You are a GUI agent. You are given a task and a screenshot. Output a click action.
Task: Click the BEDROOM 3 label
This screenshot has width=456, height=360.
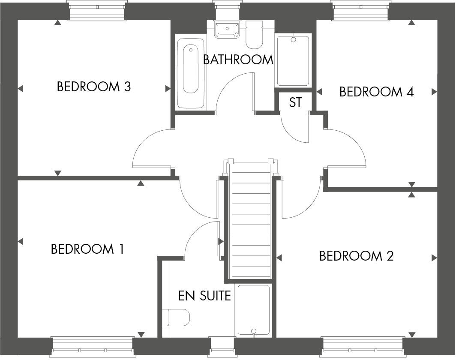coord(93,87)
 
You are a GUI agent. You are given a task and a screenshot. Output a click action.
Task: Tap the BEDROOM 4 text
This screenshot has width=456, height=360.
coord(376,92)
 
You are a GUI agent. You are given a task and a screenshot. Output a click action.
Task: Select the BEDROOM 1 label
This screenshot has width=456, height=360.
coord(87,249)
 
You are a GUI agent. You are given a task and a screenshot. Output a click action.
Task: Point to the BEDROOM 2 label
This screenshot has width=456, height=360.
coord(356,256)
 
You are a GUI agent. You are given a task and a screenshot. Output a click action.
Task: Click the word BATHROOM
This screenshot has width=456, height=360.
coord(238,60)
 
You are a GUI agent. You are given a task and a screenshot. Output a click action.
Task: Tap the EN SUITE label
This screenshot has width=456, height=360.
coord(204,296)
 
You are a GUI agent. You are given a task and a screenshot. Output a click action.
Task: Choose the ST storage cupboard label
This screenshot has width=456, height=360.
coord(295,103)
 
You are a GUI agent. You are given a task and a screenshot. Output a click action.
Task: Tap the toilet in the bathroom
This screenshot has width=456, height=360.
coord(254,34)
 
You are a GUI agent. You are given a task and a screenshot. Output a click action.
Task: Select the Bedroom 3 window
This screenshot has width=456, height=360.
coord(97,10)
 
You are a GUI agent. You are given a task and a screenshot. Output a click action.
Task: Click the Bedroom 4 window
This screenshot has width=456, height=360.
coord(361,10)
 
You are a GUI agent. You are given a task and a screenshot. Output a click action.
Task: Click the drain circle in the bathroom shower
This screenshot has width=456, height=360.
coord(294,40)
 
